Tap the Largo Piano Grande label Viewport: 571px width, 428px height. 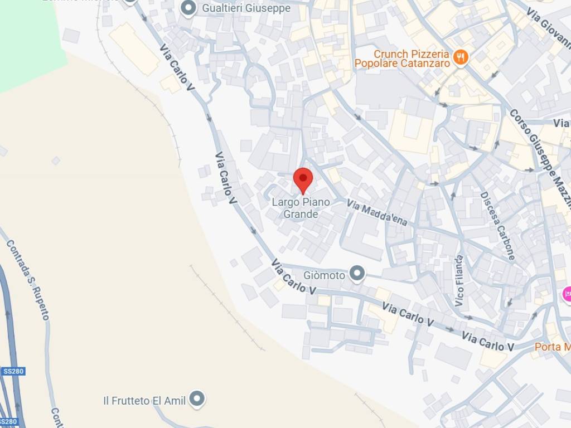point(301,208)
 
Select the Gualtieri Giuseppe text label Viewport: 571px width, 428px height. point(246,8)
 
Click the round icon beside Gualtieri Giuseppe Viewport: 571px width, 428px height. point(189,8)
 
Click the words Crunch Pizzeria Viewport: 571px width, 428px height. point(411,54)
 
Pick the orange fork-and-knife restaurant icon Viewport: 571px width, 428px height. point(461,56)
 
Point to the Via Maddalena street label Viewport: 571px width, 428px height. point(377,213)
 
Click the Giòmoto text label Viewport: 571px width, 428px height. point(325,275)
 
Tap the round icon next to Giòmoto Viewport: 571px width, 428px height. point(357,274)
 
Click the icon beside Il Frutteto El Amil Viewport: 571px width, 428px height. point(196,399)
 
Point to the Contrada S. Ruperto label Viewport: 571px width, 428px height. point(28,280)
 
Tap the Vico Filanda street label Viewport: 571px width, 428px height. point(459,281)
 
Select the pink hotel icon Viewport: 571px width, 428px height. point(567,294)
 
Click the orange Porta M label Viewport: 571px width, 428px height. point(552,347)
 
